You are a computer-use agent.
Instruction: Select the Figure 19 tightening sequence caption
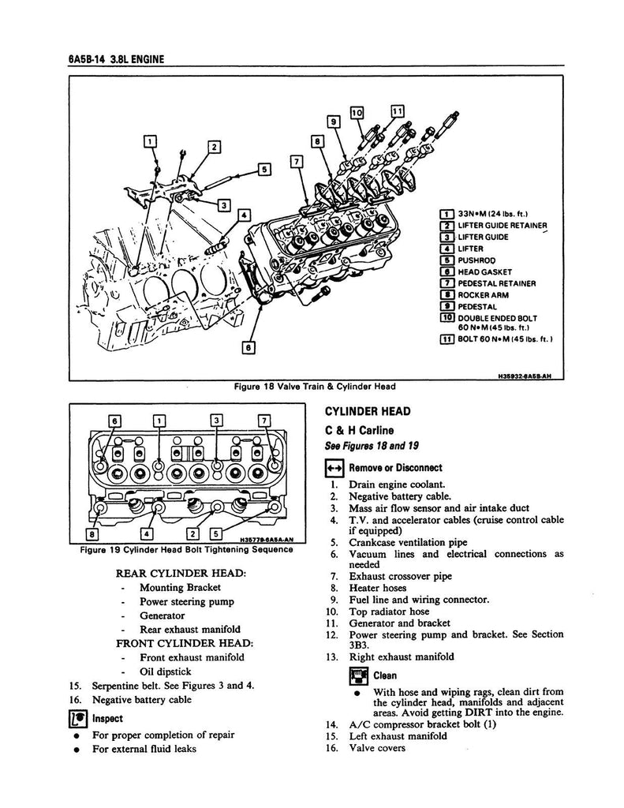pyautogui.click(x=181, y=550)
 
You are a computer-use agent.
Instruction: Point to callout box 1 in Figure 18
pyautogui.click(x=150, y=141)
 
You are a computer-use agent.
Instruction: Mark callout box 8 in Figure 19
pyautogui.click(x=95, y=518)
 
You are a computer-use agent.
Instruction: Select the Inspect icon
pyautogui.click(x=78, y=719)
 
